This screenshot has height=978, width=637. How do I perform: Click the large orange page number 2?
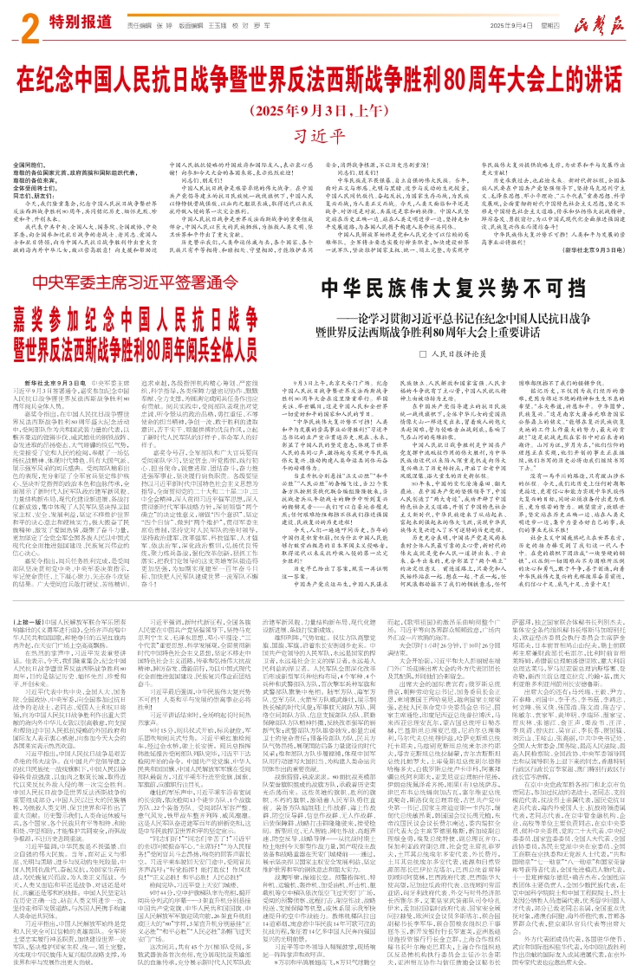[x=27, y=28]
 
